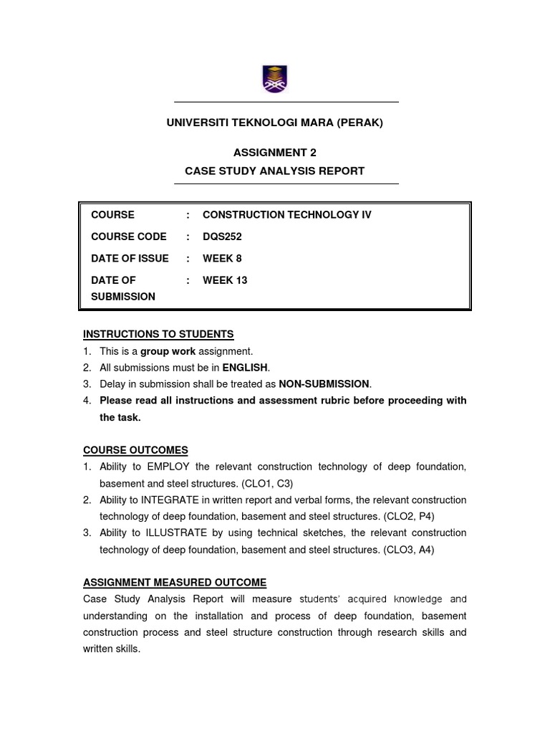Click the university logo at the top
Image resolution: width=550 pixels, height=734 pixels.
(274, 78)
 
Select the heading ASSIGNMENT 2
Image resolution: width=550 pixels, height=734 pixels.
(274, 152)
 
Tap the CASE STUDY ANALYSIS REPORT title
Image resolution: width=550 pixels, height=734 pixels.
(274, 171)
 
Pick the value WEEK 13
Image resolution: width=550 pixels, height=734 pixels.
(225, 280)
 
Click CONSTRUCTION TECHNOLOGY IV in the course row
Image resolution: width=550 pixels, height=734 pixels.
(287, 214)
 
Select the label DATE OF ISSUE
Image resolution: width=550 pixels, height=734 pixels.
(130, 258)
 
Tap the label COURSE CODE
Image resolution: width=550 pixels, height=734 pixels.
(129, 237)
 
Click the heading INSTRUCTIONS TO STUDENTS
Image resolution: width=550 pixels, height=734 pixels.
(158, 334)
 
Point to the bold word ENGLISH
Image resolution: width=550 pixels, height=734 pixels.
(246, 368)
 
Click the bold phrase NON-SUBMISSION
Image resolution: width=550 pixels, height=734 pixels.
(324, 384)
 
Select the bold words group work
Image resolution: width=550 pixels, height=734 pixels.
(168, 351)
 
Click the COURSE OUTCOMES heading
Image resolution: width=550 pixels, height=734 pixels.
(135, 450)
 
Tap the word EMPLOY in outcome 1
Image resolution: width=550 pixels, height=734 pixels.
(170, 467)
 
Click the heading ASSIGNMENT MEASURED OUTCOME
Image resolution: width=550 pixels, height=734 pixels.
(175, 582)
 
